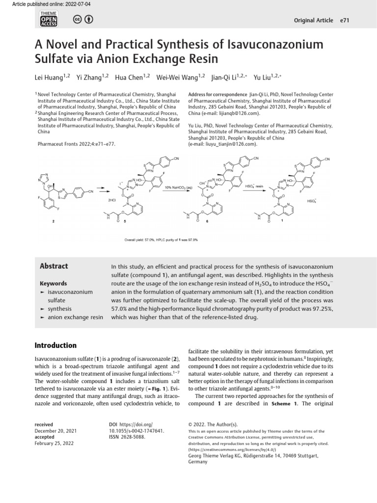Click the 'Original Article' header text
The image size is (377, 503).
pyautogui.click(x=313, y=21)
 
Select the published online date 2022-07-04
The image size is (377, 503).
pyautogui.click(x=75, y=4)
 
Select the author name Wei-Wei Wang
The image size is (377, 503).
pyautogui.click(x=174, y=77)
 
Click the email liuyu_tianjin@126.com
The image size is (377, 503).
pyautogui.click(x=230, y=144)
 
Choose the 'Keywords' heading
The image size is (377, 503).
pyautogui.click(x=53, y=283)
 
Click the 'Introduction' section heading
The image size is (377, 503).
pyautogui.click(x=55, y=345)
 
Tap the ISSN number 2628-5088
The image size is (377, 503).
pyautogui.click(x=134, y=436)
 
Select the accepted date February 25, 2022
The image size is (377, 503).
pyautogui.click(x=54, y=443)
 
